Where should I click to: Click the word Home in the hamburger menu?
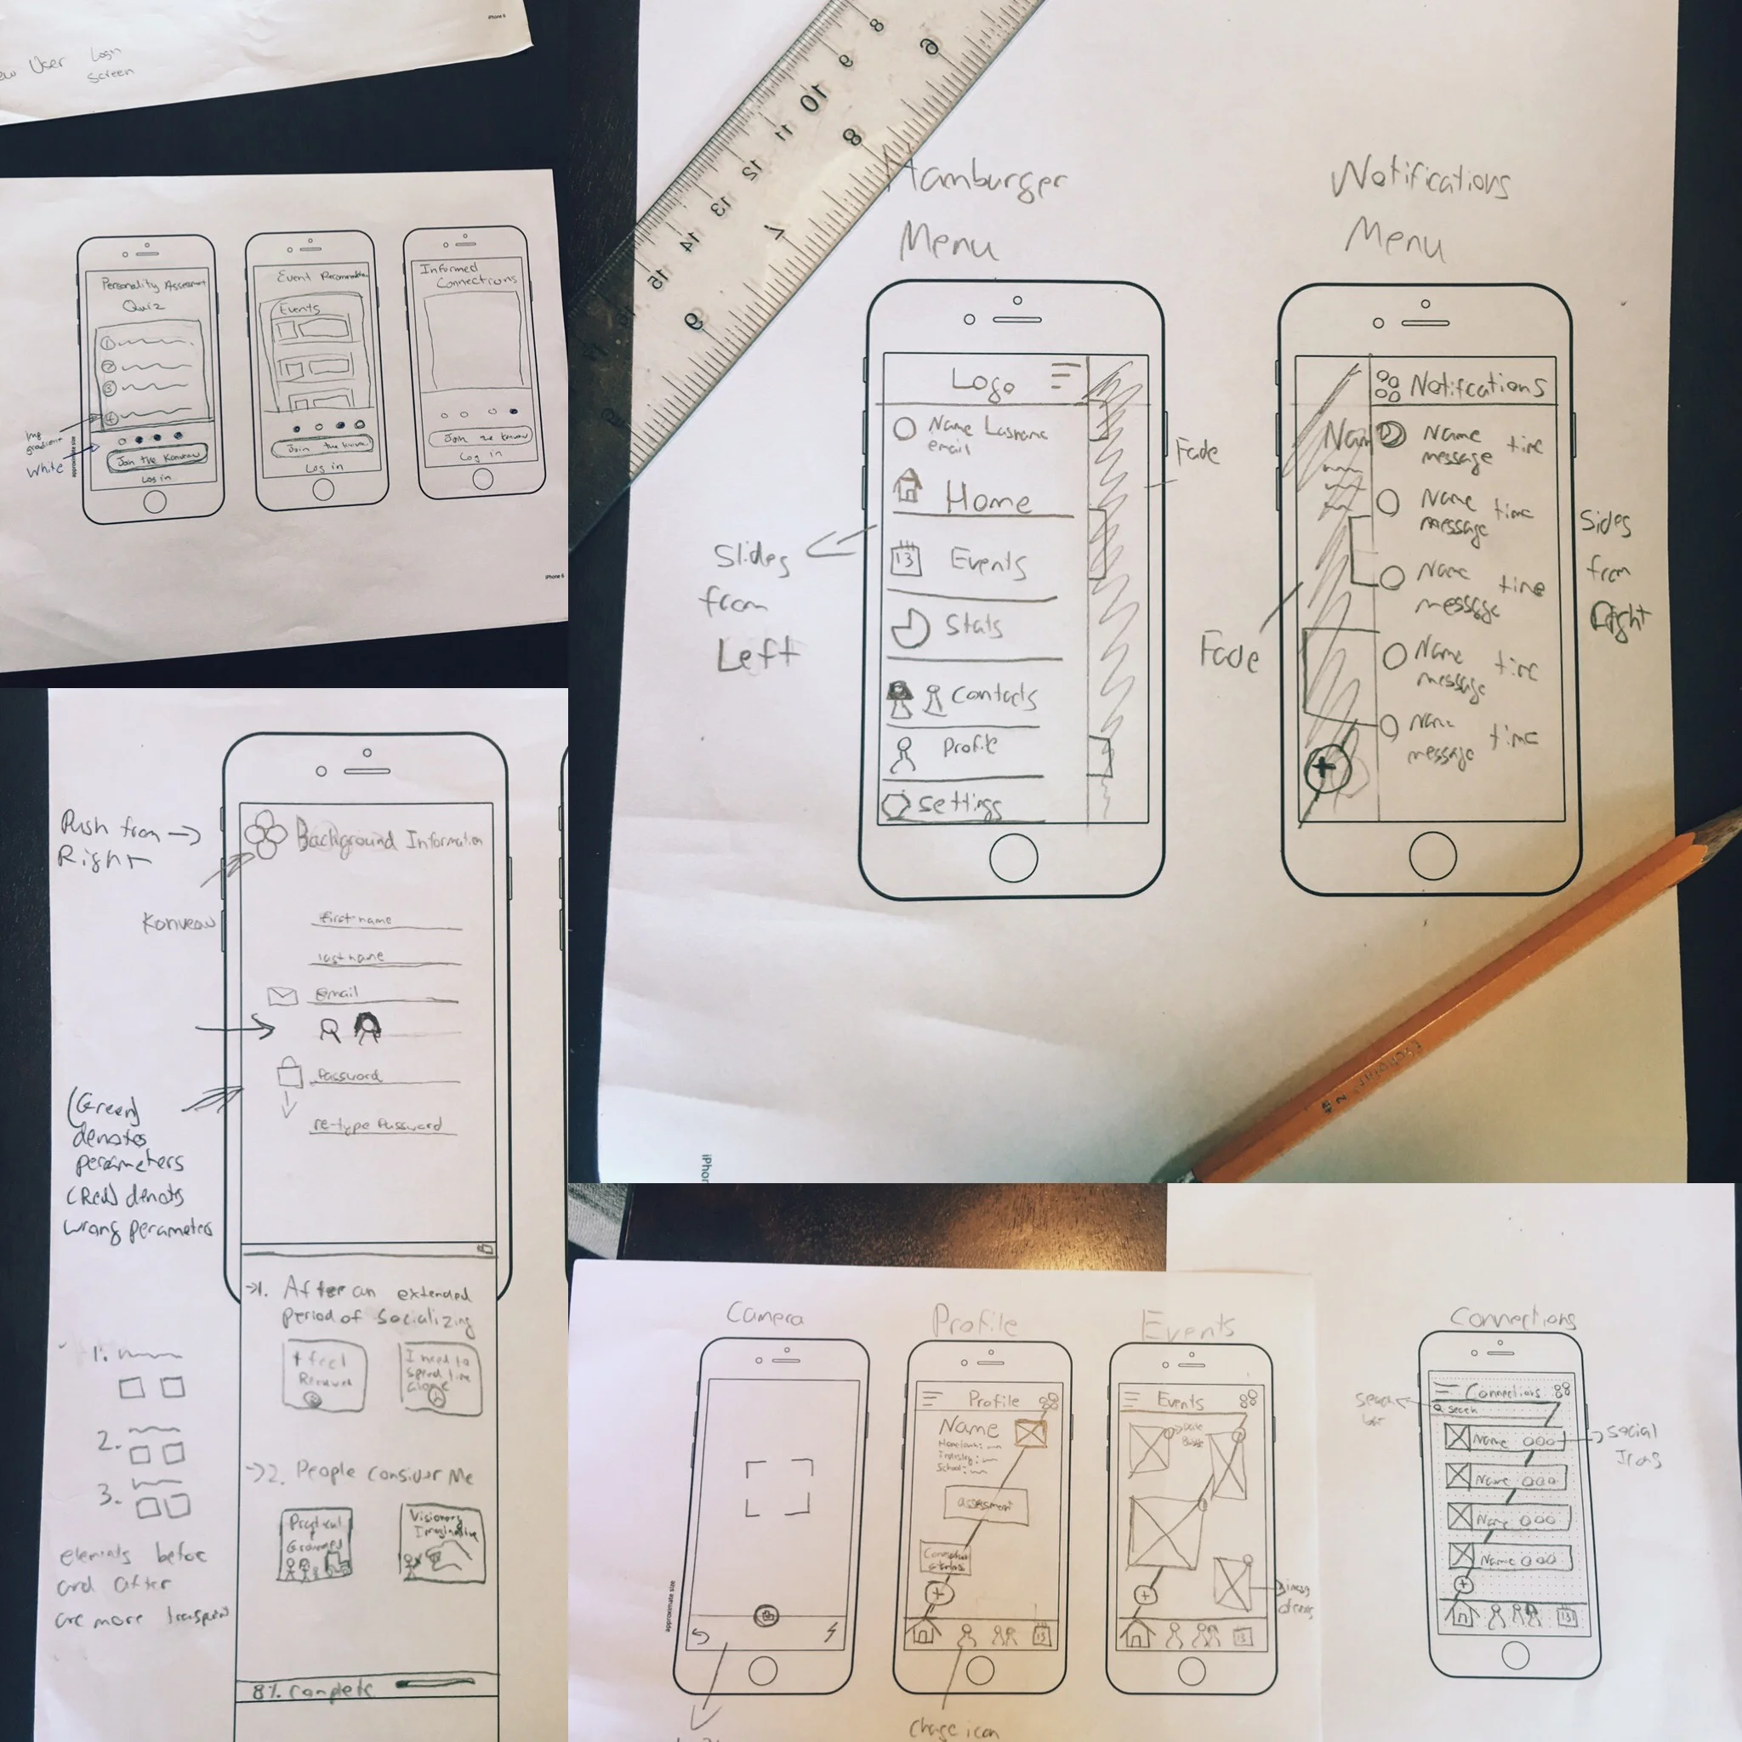point(988,498)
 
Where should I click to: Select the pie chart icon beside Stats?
point(911,629)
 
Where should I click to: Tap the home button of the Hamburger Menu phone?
point(1013,857)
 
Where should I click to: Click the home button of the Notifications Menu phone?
point(1432,856)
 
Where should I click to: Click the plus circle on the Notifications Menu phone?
point(1324,768)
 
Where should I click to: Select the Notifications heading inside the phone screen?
point(1477,386)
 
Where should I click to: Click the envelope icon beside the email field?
point(282,995)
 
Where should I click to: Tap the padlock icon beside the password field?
point(289,1073)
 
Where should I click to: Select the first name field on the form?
point(388,919)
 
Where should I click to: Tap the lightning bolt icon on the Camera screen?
point(830,1632)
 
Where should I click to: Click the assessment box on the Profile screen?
point(986,1504)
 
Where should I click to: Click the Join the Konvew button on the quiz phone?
point(157,459)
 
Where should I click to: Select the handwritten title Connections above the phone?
point(1513,1318)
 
